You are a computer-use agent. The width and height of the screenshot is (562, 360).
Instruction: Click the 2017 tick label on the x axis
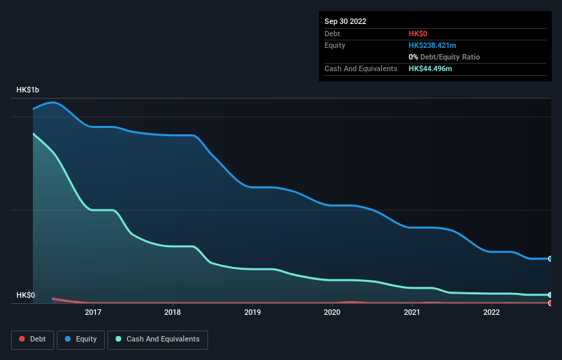93,313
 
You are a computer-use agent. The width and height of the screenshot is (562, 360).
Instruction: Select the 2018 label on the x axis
173,313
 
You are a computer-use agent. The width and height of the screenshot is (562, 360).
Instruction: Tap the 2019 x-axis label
253,313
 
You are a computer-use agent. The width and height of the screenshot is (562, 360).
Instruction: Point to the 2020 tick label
332,313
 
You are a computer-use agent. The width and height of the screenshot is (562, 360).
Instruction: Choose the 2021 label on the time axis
411,313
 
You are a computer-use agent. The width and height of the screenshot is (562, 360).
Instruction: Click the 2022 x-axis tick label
491,313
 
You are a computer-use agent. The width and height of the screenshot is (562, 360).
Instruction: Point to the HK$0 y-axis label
26,295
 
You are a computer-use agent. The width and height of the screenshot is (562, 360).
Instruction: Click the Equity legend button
81,339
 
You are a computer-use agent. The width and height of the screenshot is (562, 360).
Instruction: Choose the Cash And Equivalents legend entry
157,339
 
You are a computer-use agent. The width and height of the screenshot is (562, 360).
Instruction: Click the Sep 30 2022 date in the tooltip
346,21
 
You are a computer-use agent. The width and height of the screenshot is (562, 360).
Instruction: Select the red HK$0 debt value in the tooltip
419,34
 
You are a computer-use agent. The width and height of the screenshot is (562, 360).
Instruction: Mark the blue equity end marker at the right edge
550,259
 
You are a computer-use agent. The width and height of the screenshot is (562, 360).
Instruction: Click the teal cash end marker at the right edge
550,295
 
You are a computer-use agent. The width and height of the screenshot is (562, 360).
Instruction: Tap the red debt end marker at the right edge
550,303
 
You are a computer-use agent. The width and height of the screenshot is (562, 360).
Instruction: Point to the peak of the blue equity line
53,103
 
